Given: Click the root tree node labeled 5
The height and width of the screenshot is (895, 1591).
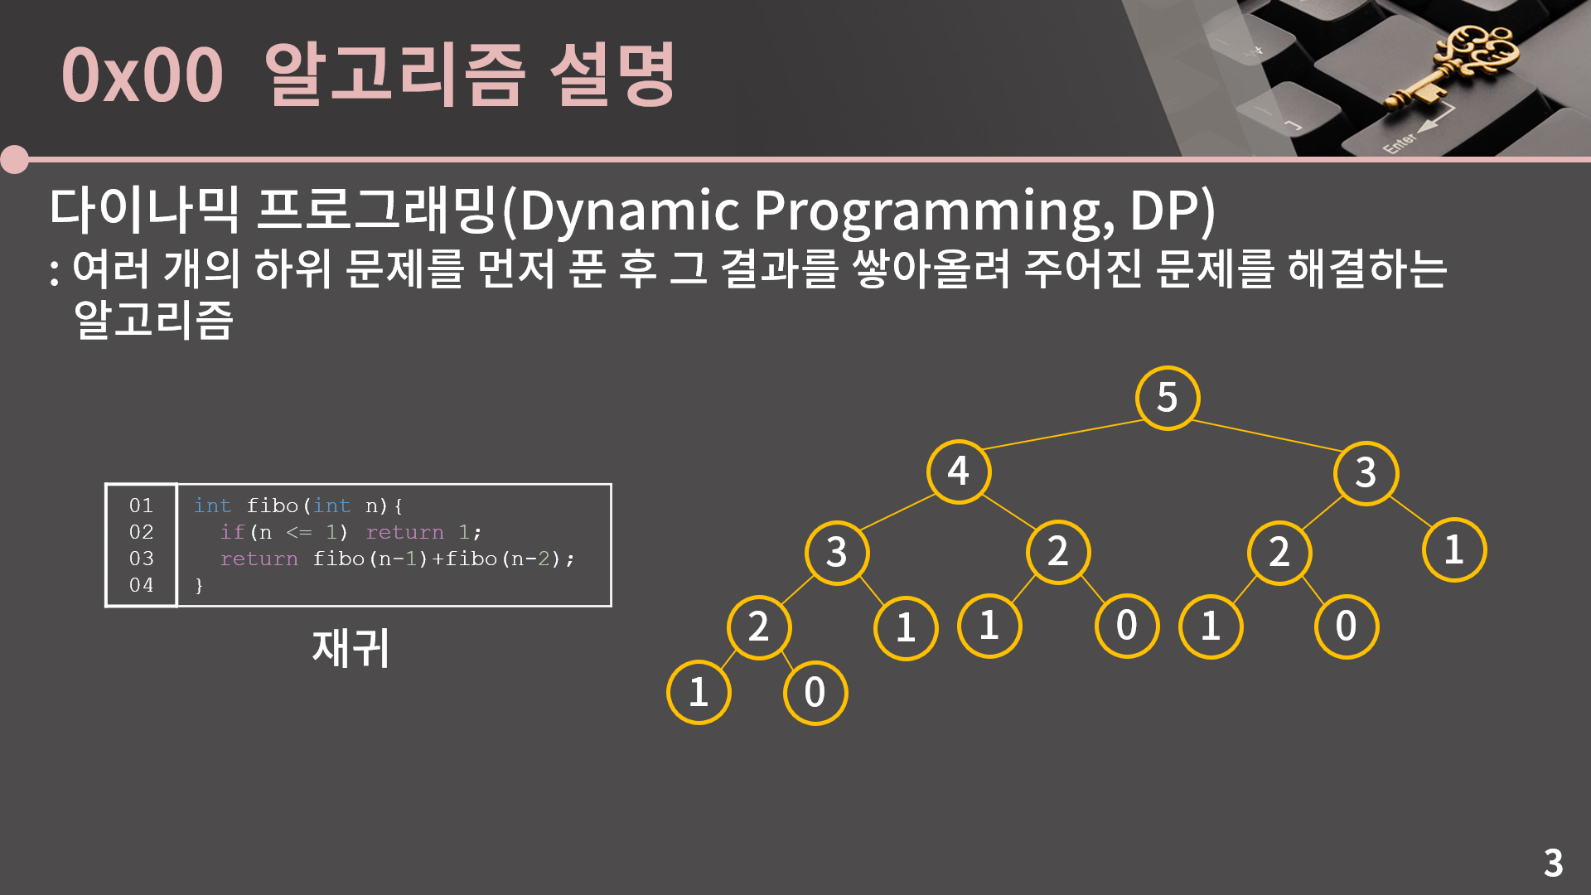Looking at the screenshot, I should (1167, 398).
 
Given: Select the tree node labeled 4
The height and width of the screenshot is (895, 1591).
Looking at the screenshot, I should (959, 472).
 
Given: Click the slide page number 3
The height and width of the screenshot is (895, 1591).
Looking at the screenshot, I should (1553, 863).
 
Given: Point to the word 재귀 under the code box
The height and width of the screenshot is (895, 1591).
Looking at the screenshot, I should (351, 648).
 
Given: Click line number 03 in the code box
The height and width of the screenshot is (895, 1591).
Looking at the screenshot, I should (141, 559).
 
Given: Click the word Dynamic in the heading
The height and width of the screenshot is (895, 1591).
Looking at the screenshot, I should (630, 210).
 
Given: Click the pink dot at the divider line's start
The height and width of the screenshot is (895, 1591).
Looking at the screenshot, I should (15, 159).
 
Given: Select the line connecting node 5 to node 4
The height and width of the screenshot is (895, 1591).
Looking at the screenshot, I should (1063, 434).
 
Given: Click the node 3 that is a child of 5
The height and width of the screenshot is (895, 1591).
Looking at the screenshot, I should (1366, 472).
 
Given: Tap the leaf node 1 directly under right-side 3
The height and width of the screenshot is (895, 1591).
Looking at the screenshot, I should (1453, 549).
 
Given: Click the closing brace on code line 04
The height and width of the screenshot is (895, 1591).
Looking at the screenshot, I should (199, 586).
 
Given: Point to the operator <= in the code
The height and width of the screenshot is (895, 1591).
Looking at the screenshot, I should (298, 532).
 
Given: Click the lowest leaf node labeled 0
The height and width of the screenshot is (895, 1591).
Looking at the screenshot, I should (815, 693).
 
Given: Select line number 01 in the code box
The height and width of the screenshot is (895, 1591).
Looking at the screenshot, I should (141, 506).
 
